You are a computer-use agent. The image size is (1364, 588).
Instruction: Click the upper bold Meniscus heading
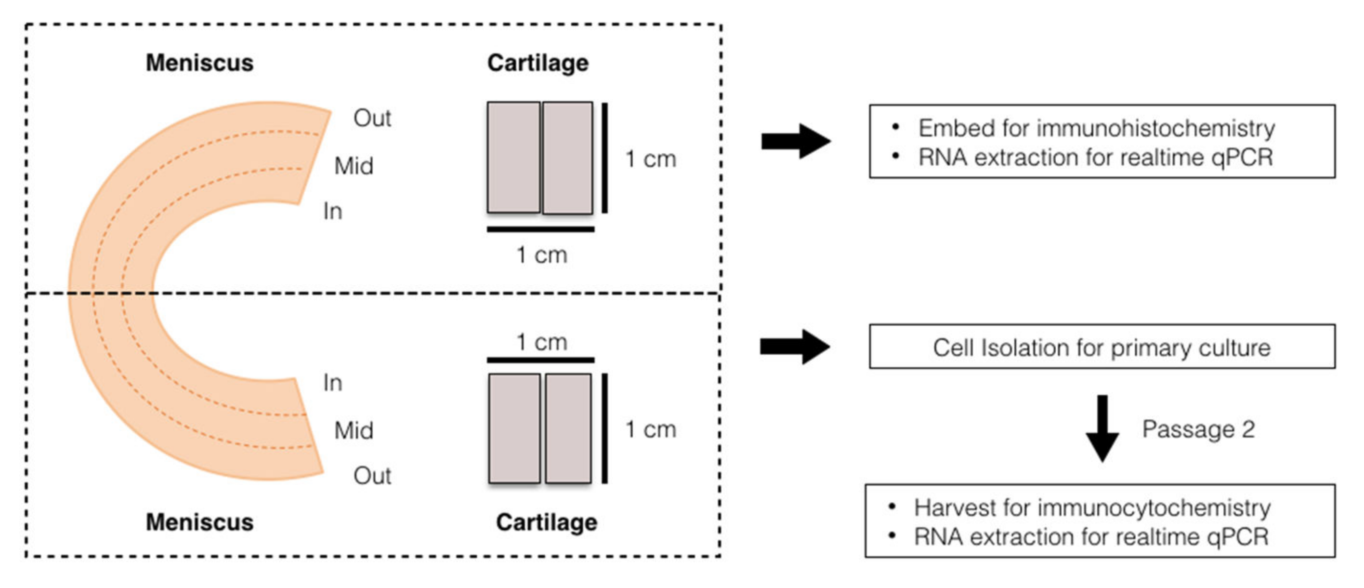(199, 63)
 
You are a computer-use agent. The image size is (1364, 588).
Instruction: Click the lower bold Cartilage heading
(547, 522)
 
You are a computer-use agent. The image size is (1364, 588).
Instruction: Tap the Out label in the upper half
(372, 118)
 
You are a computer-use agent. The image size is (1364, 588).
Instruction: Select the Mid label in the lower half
(354, 430)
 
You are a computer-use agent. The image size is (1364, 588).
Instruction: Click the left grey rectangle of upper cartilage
(513, 157)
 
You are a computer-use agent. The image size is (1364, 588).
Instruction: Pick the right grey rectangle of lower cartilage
(568, 428)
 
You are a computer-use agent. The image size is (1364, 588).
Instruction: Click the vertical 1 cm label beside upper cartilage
(651, 159)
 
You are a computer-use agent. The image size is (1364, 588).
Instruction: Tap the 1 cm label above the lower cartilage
(542, 342)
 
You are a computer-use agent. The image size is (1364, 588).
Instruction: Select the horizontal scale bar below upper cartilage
(540, 229)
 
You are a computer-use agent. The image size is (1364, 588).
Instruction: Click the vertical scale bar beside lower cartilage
(604, 428)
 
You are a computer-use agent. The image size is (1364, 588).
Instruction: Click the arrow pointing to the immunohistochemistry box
(795, 141)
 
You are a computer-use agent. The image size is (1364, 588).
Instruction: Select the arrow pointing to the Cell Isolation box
(794, 347)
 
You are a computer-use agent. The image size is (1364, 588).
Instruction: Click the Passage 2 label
(1198, 429)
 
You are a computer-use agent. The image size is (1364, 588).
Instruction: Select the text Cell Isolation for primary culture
(1102, 348)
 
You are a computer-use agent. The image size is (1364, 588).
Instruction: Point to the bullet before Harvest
(892, 507)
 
